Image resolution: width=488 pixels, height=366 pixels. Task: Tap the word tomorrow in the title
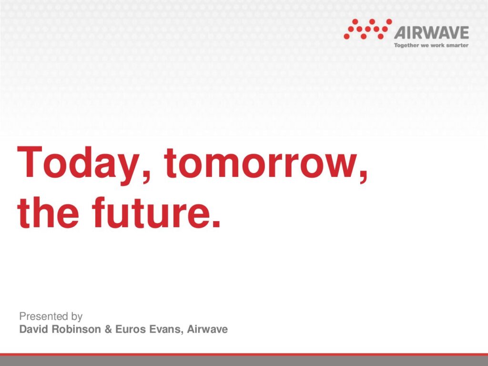(261, 163)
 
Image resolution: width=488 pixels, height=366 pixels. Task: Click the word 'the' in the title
(48, 212)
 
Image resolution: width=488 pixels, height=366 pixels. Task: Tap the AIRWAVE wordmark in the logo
(431, 33)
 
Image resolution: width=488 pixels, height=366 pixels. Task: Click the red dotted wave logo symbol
(367, 29)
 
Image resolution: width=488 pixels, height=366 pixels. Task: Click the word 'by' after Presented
(77, 317)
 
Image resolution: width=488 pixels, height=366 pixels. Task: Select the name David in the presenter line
(33, 329)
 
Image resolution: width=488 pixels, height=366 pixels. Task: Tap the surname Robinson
(76, 329)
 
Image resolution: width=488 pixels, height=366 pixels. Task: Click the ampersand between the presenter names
(108, 329)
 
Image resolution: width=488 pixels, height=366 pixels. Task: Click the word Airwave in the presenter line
(207, 329)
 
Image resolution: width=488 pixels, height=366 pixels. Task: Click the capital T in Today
(30, 162)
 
